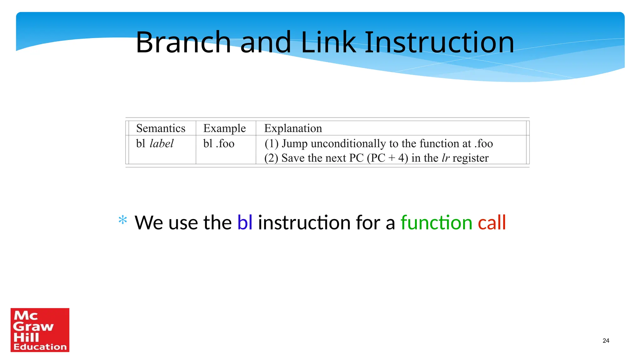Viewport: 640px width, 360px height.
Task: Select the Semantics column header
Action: (x=161, y=128)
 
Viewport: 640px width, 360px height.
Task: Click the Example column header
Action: (x=224, y=128)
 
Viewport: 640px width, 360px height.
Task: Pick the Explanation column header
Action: (x=293, y=128)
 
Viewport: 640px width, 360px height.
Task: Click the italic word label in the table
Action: (x=162, y=143)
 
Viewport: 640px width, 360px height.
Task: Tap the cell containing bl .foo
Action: (x=219, y=144)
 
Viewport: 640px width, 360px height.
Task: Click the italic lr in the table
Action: (x=445, y=158)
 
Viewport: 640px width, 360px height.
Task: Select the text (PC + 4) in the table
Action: (x=387, y=158)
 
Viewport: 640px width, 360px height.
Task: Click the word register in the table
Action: (x=470, y=158)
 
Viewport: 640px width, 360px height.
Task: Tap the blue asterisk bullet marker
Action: (x=123, y=220)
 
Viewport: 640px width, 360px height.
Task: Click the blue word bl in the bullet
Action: (x=245, y=222)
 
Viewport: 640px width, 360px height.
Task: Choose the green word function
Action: (x=436, y=222)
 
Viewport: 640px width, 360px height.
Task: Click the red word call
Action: (x=492, y=222)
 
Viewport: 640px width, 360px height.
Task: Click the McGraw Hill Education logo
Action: (x=40, y=330)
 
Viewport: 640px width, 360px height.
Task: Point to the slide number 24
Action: (x=606, y=341)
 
